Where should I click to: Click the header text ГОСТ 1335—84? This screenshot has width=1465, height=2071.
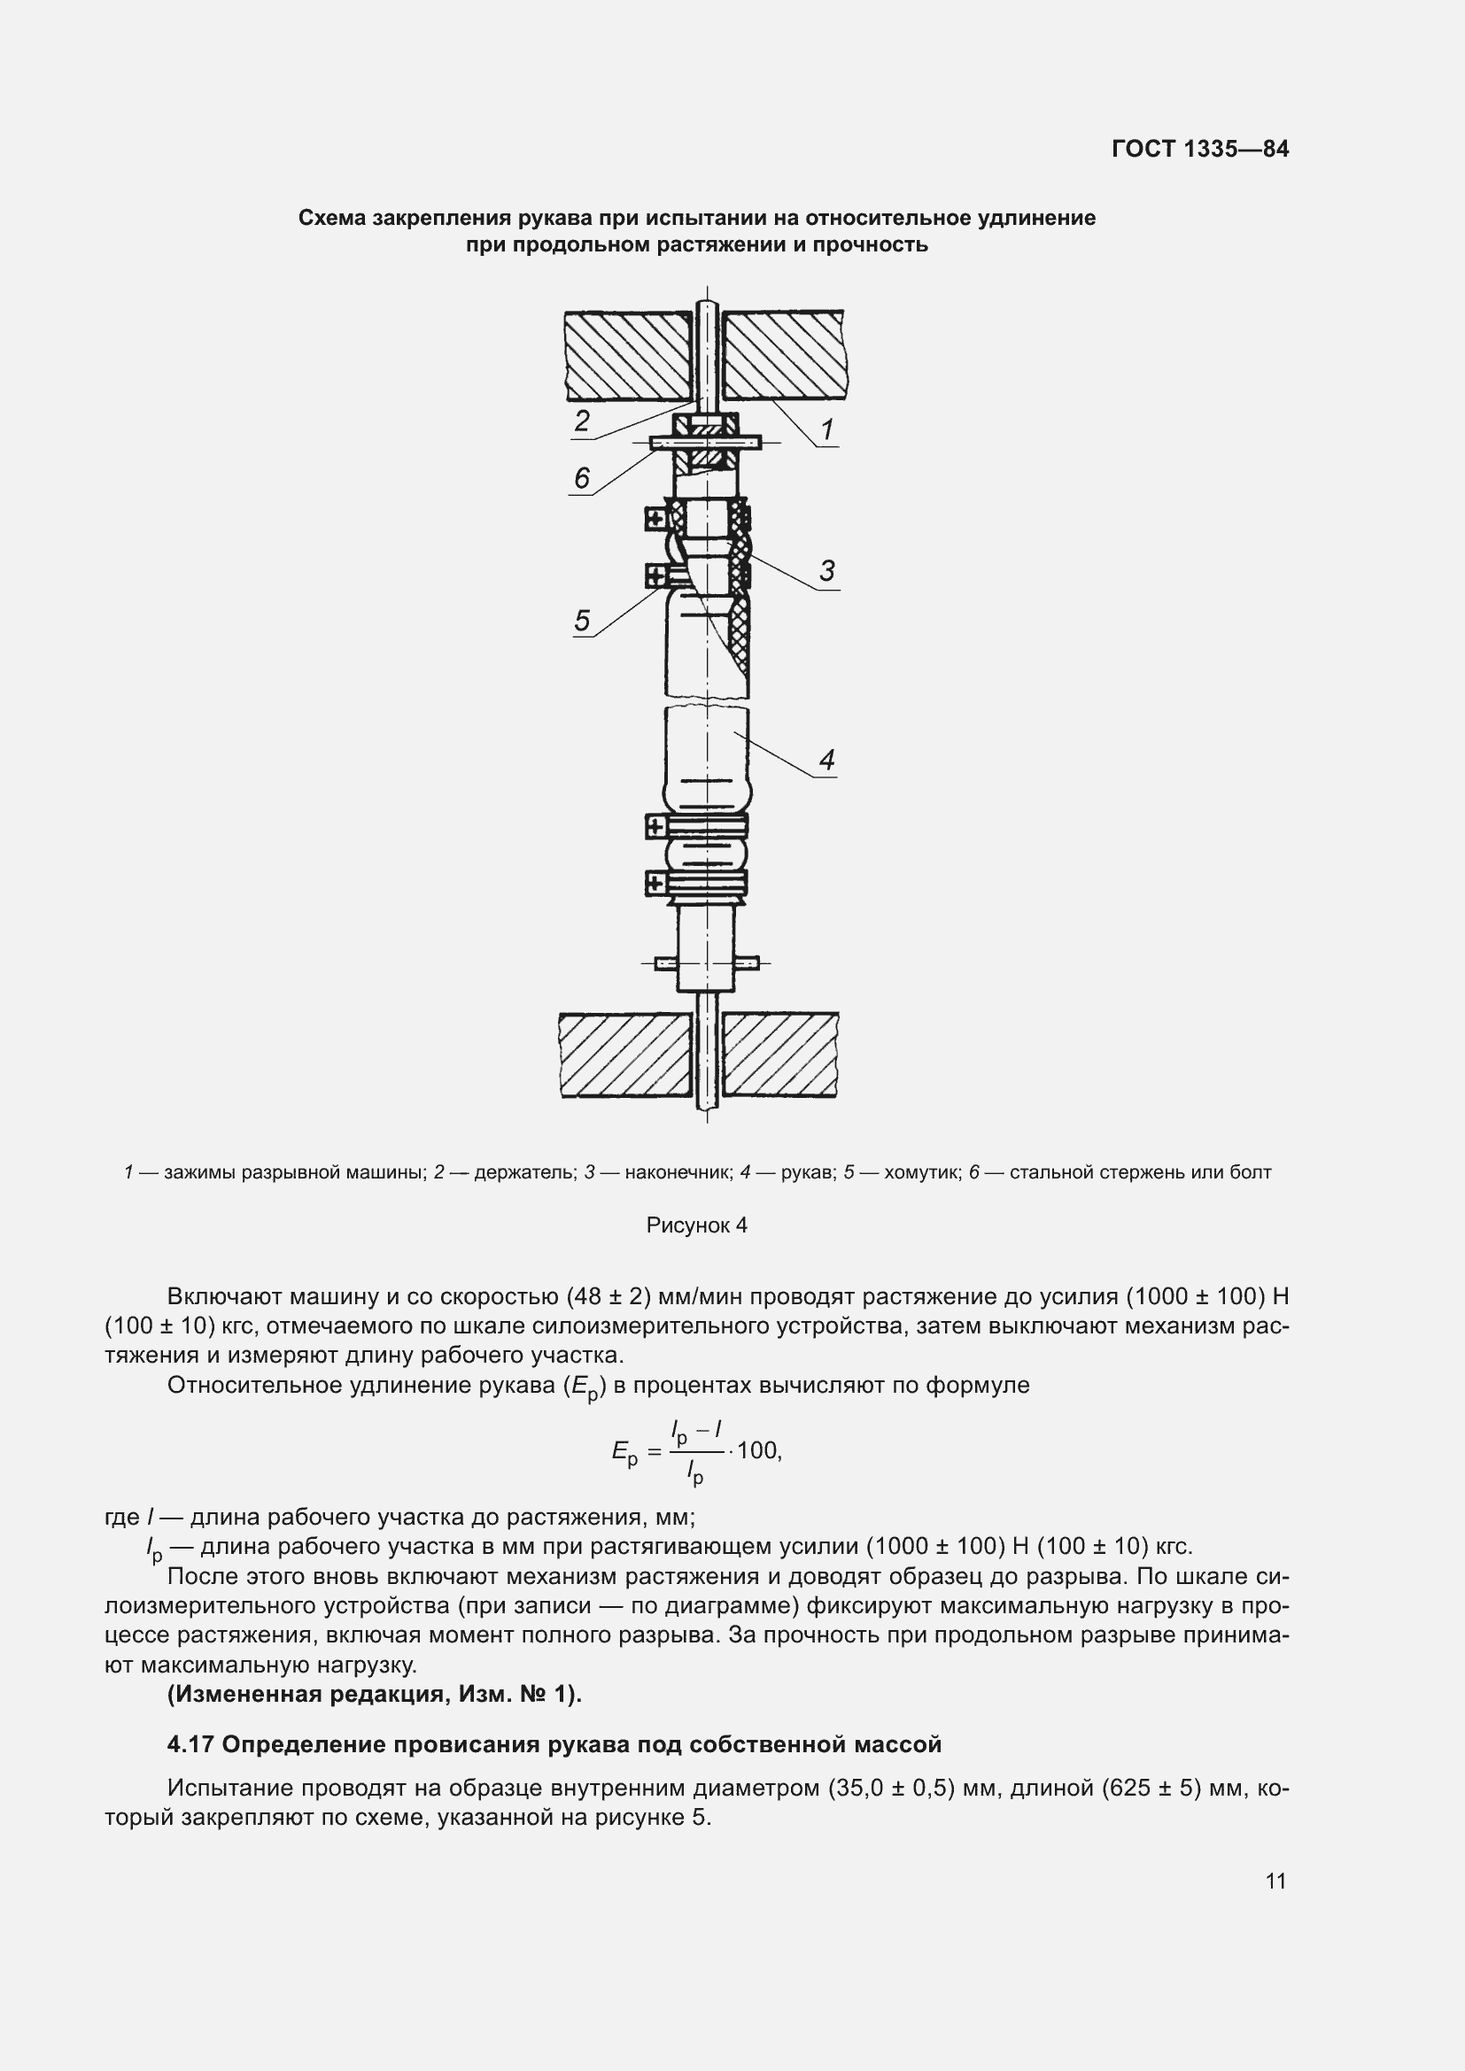tap(1200, 149)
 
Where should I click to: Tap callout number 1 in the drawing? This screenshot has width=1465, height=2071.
tap(826, 429)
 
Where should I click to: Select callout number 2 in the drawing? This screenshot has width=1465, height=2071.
tap(582, 421)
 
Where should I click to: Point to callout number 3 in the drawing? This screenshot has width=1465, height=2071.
tap(826, 570)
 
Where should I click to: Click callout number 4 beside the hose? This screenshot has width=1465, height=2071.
tap(826, 760)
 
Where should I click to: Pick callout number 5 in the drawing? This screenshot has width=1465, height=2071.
tap(582, 620)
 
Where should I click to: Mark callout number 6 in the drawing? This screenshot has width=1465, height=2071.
tap(582, 478)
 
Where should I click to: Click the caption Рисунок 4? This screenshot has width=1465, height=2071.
tap(696, 1225)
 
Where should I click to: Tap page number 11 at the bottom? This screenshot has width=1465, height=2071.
tap(1275, 1881)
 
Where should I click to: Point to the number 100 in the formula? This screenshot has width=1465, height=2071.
tap(758, 1450)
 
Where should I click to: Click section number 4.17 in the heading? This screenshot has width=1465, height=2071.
tap(190, 1744)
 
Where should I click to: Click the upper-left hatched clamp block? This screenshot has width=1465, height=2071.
tap(628, 355)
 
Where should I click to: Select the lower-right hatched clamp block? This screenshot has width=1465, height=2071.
tap(780, 1055)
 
